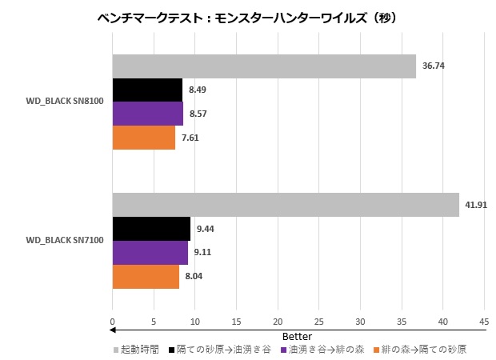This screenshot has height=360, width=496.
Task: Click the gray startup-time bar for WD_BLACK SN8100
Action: click(264, 66)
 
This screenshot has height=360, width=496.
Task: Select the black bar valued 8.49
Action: click(147, 90)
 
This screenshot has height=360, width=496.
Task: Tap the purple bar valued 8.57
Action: click(147, 114)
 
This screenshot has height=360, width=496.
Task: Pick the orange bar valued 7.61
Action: click(144, 138)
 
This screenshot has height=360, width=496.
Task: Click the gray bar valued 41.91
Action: click(286, 205)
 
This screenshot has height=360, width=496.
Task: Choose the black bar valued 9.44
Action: click(151, 229)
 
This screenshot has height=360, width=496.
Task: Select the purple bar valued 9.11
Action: click(150, 253)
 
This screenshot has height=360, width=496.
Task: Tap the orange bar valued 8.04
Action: click(146, 276)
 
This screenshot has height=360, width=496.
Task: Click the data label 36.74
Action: click(432, 66)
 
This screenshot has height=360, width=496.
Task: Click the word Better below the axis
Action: click(298, 336)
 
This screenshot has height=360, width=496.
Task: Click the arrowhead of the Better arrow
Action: click(114, 330)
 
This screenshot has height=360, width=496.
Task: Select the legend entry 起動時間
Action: click(141, 350)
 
